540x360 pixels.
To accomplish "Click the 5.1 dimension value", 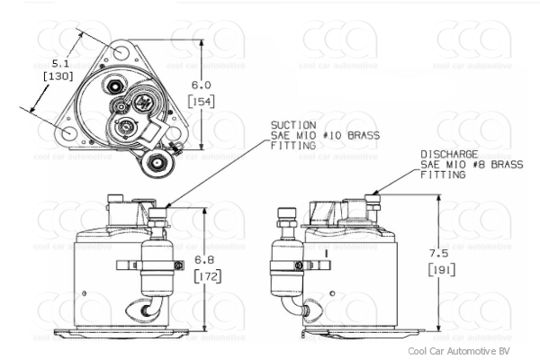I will click(58, 64).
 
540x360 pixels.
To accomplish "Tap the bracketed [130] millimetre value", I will click(58, 78).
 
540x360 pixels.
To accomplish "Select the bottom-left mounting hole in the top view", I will click(69, 133).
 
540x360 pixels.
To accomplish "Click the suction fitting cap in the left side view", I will click(158, 214).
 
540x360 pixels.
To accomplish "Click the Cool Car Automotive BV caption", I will click(458, 351).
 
